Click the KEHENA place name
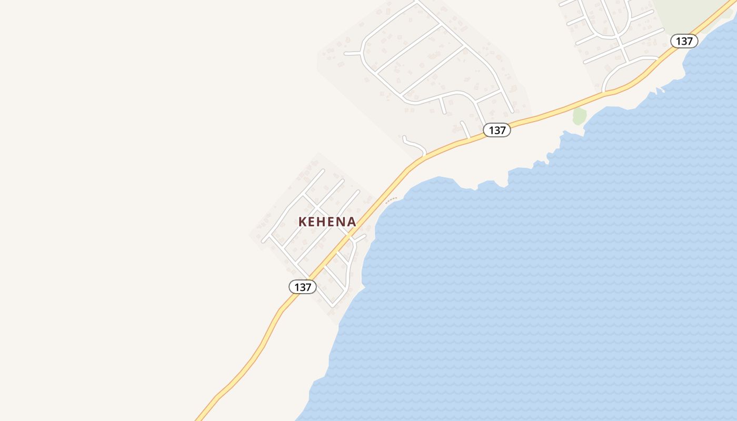pyautogui.click(x=327, y=222)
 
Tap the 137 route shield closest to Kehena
pyautogui.click(x=303, y=287)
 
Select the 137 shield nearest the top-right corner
pyautogui.click(x=684, y=41)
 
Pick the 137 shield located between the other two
pyautogui.click(x=497, y=130)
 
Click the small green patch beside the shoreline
pyautogui.click(x=579, y=116)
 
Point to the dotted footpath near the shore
pyautogui.click(x=391, y=200)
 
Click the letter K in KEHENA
pyautogui.click(x=303, y=222)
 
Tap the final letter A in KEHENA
pyautogui.click(x=351, y=222)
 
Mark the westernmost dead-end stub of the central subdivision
pyautogui.click(x=352, y=53)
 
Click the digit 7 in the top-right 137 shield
pyautogui.click(x=691, y=41)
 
